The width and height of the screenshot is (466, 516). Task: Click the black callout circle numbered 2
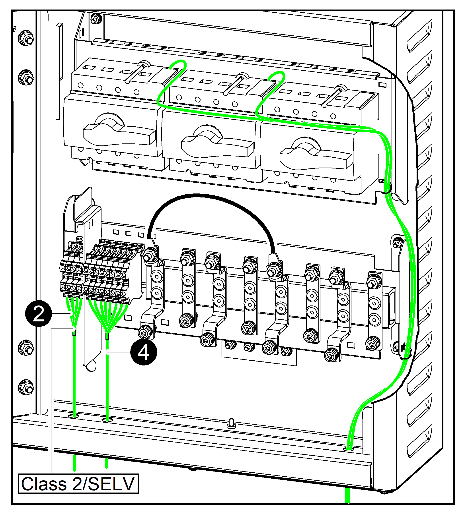pos(38,314)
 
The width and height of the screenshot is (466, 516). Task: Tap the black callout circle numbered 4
pos(144,353)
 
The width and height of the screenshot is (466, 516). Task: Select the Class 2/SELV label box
pos(78,483)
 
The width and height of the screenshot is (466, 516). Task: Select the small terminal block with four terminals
pos(71,276)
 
